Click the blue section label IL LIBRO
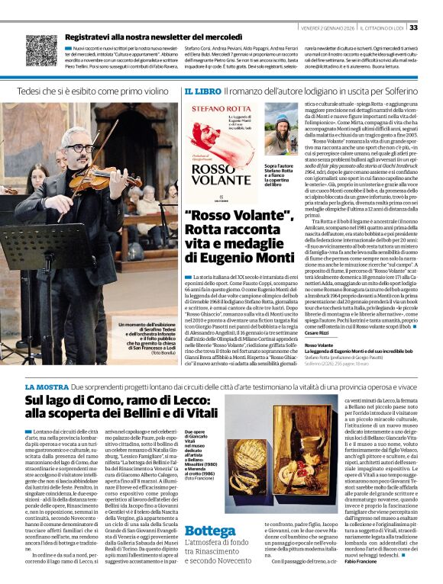pos(201,91)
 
